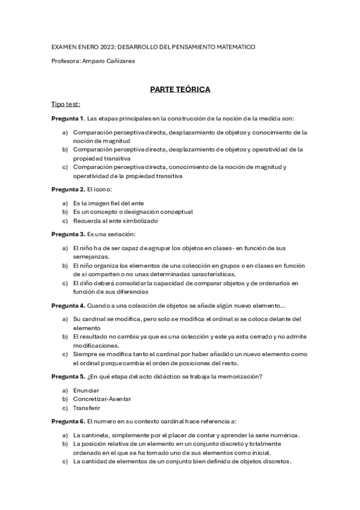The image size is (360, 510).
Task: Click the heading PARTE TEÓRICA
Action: (x=180, y=89)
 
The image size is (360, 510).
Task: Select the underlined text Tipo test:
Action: (x=66, y=104)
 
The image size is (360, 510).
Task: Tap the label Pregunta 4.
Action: (x=68, y=306)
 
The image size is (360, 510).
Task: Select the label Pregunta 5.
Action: (x=68, y=377)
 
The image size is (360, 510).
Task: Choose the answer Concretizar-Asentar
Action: (x=102, y=399)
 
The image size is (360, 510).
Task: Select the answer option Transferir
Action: (x=87, y=407)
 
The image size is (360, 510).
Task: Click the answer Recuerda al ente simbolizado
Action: (x=107, y=221)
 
